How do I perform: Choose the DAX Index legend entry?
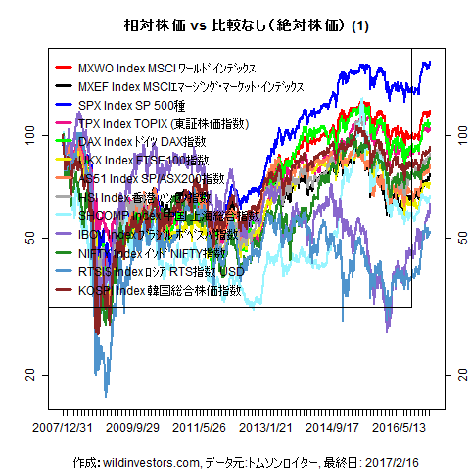click(142, 142)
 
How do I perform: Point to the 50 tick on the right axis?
click(452, 236)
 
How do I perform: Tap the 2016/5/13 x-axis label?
click(400, 428)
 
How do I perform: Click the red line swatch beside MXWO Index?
click(65, 68)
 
